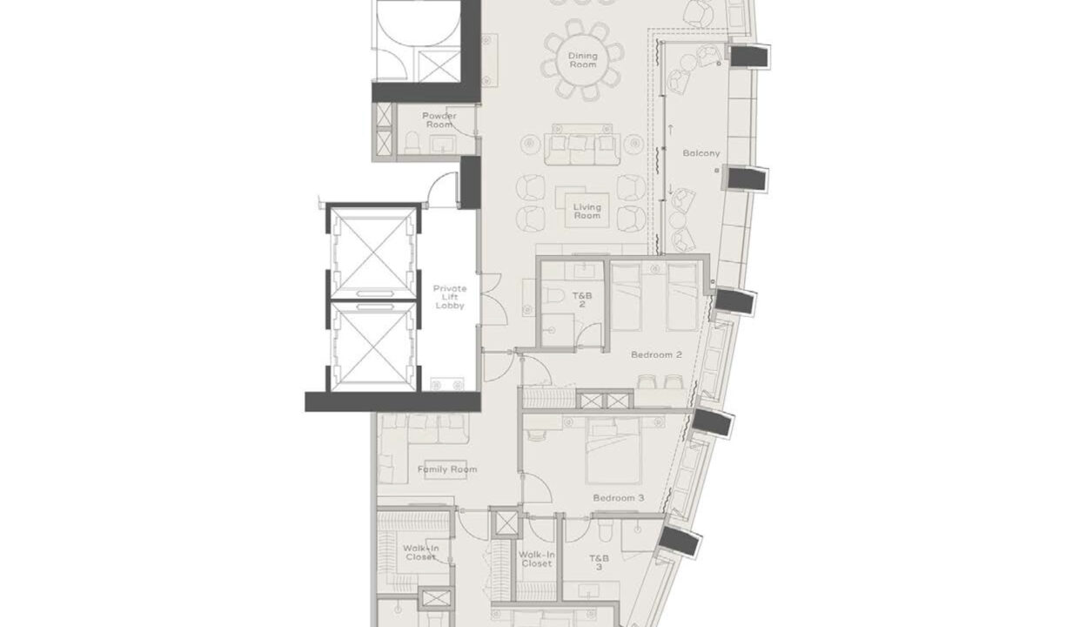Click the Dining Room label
[583, 60]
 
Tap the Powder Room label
[439, 120]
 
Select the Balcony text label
[701, 153]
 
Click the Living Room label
[587, 212]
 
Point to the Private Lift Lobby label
[450, 297]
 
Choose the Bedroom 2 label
[655, 354]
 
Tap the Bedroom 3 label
[618, 498]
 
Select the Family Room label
[447, 469]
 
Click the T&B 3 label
[600, 562]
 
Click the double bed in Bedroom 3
[613, 450]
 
